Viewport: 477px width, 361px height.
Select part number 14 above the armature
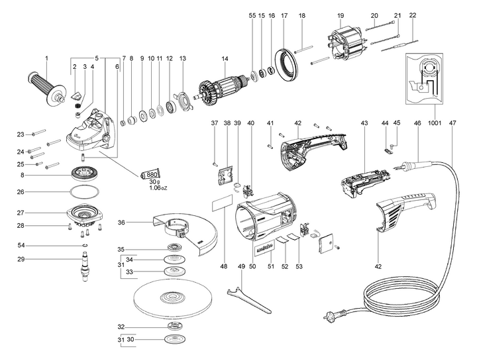225,59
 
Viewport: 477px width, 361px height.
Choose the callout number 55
252,15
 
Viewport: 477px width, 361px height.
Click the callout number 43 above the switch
364,124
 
